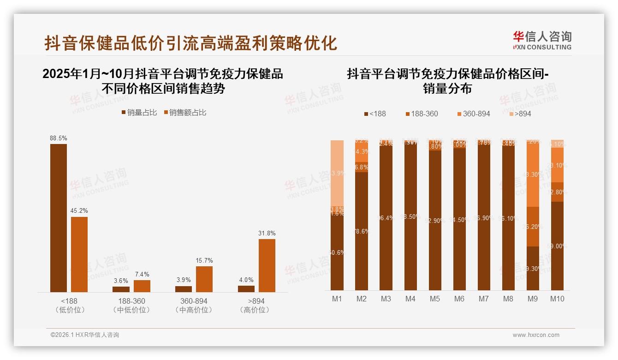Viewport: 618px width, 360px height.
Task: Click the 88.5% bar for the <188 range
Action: tap(59, 218)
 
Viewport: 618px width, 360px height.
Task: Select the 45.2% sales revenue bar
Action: tap(79, 254)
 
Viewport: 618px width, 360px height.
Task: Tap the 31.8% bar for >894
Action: tap(267, 265)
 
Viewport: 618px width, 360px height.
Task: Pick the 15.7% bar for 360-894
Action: tap(204, 279)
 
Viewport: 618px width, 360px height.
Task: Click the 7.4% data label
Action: tap(142, 274)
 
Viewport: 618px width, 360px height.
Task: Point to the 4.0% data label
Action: tap(246, 280)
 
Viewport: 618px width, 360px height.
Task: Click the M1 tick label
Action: tap(337, 299)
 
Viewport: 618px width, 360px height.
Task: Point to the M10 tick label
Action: tap(557, 299)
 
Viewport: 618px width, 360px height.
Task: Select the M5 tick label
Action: tap(435, 299)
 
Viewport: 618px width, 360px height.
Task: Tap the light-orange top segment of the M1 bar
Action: tap(337, 173)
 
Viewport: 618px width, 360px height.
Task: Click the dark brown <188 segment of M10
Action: tap(557, 246)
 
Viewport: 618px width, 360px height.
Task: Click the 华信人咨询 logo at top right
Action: tap(542, 40)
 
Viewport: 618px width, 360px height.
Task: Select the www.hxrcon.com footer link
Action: tap(536, 335)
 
